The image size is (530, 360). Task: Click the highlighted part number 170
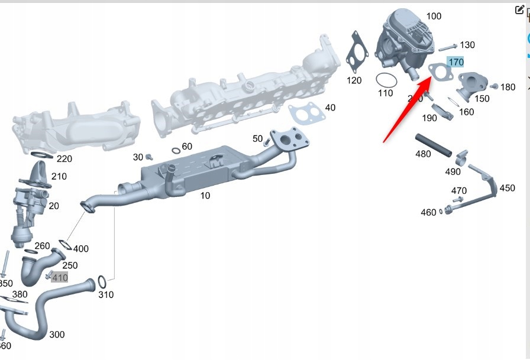[x=455, y=62]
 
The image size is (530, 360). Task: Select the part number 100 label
[x=434, y=16]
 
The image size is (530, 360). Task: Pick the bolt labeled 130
[x=448, y=46]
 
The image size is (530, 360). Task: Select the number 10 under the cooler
[x=205, y=195]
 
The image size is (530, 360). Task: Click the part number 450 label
[x=507, y=188]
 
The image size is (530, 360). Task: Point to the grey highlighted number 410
[x=59, y=277]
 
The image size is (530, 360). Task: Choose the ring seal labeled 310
[x=101, y=280]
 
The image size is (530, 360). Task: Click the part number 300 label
[x=57, y=335]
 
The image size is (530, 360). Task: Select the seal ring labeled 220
[x=40, y=155]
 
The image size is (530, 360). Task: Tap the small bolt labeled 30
[x=149, y=157]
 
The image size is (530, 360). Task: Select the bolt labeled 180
[x=495, y=87]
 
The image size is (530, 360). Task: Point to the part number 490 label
[x=453, y=171]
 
